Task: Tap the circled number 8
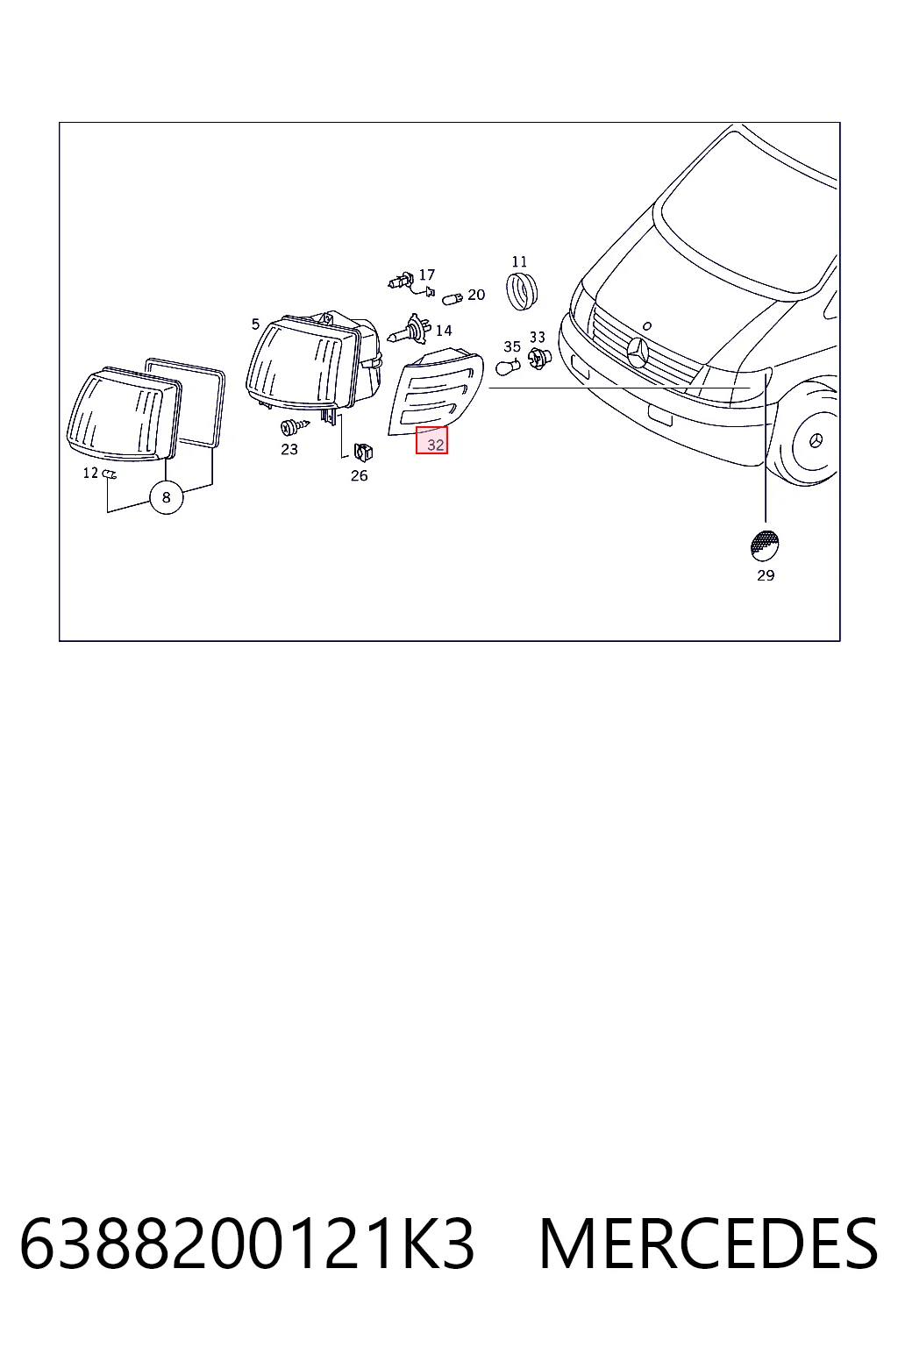tap(166, 497)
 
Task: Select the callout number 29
tap(765, 575)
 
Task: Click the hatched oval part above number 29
tap(765, 545)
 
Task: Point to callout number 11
tap(519, 261)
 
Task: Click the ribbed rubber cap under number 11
tap(522, 292)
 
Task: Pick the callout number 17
tap(426, 274)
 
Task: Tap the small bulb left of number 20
tap(453, 297)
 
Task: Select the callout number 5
tap(255, 324)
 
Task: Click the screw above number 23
tap(294, 427)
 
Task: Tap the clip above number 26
tap(363, 451)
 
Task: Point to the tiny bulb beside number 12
tap(109, 474)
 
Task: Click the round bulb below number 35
tap(508, 367)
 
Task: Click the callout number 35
tap(512, 347)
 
